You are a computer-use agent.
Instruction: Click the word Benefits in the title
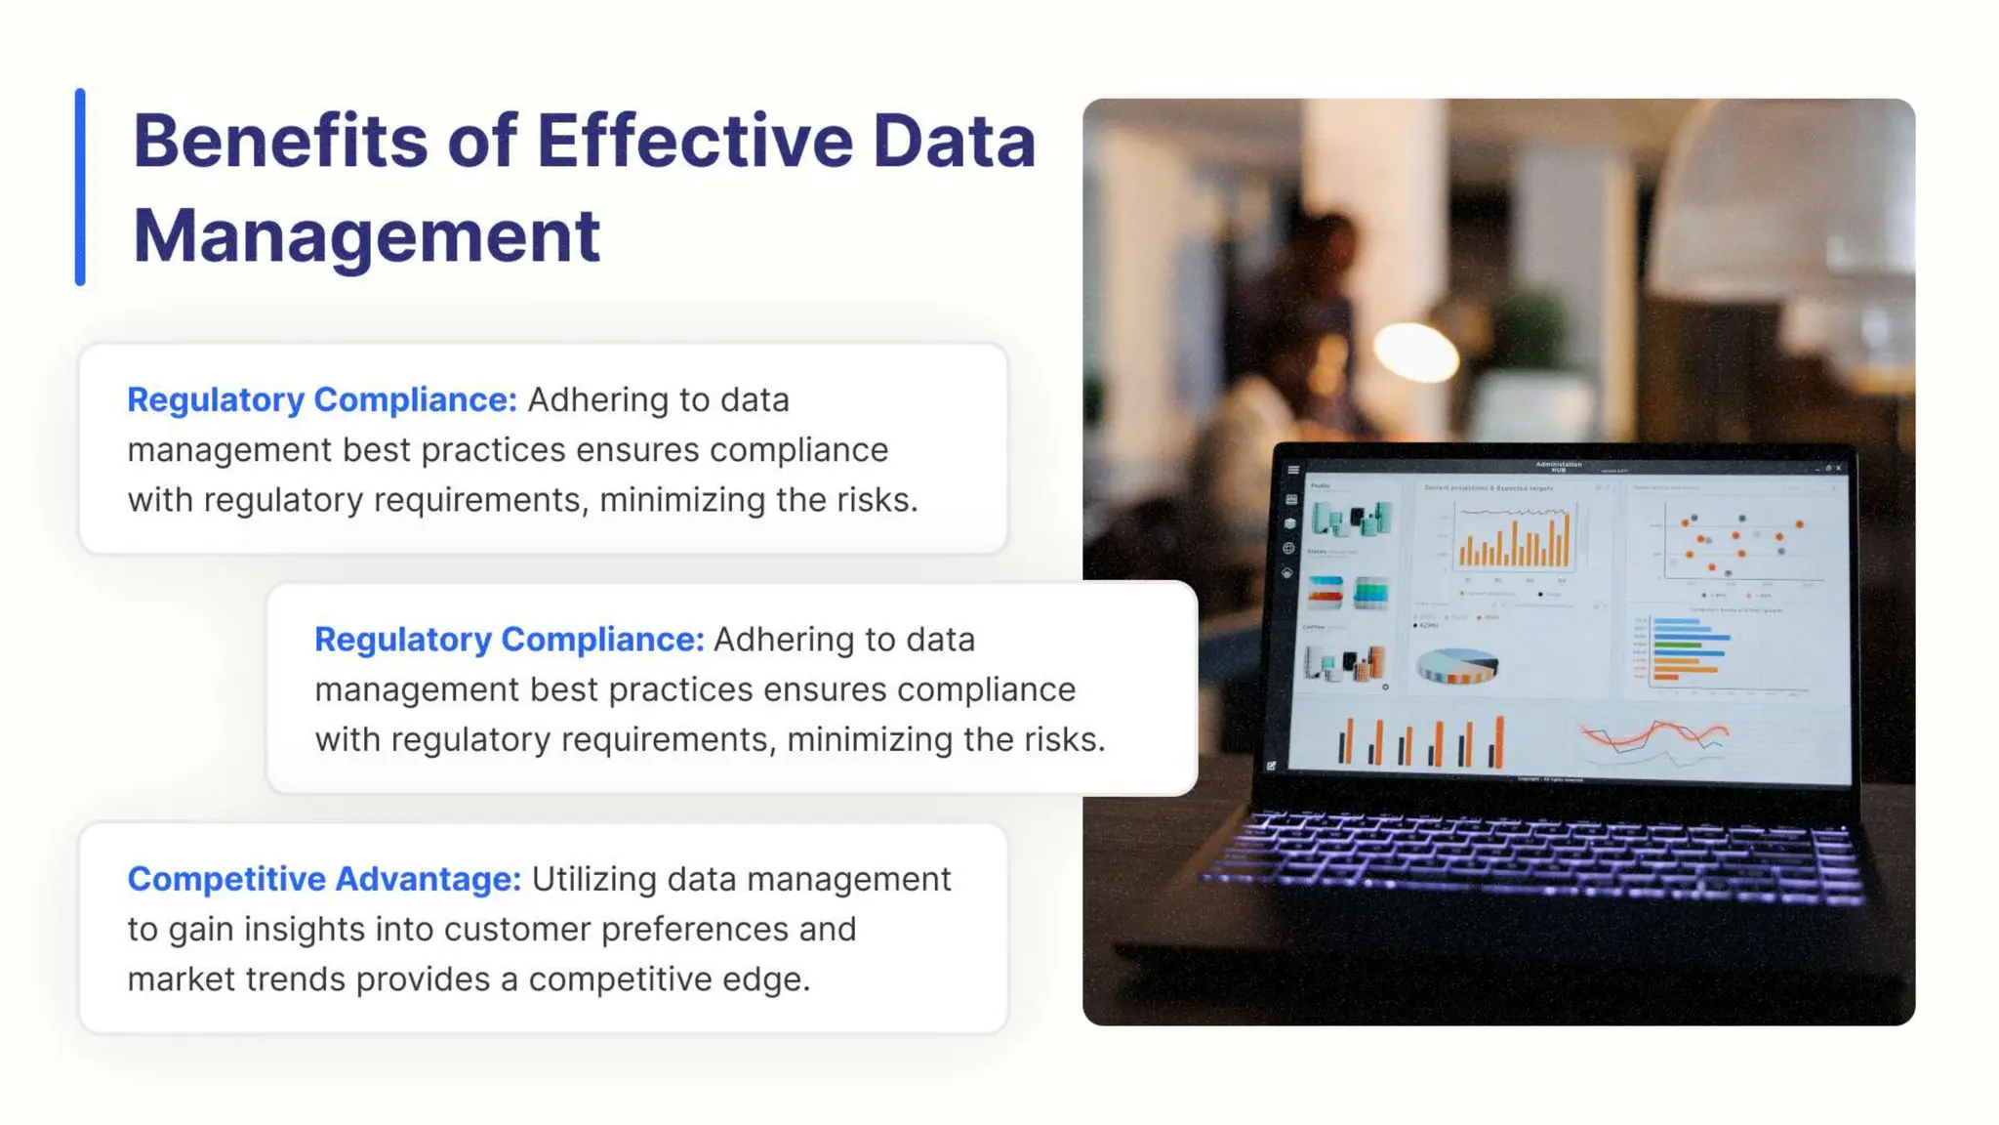pos(279,142)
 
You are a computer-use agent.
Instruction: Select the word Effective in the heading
pos(694,142)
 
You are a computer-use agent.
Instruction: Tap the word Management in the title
pos(366,236)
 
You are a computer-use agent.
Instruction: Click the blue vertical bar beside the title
pos(80,187)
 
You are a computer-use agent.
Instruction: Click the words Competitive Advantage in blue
pos(323,879)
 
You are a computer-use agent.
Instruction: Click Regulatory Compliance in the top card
pos(321,399)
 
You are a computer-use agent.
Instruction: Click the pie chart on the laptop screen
pos(1456,666)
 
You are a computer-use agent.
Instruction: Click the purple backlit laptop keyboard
pos(1542,854)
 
